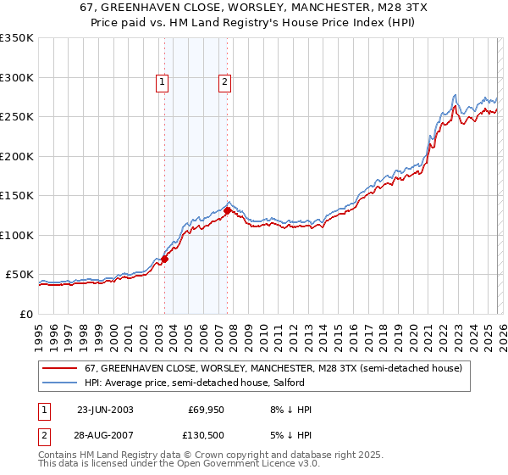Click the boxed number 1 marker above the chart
pos(162,82)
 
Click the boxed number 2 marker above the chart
pos(224,82)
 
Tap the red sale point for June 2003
pos(165,259)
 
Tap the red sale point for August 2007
pos(228,210)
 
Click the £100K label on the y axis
pos(19,235)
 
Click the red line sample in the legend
pos(60,368)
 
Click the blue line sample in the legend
pos(60,383)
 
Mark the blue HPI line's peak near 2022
pos(456,94)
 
